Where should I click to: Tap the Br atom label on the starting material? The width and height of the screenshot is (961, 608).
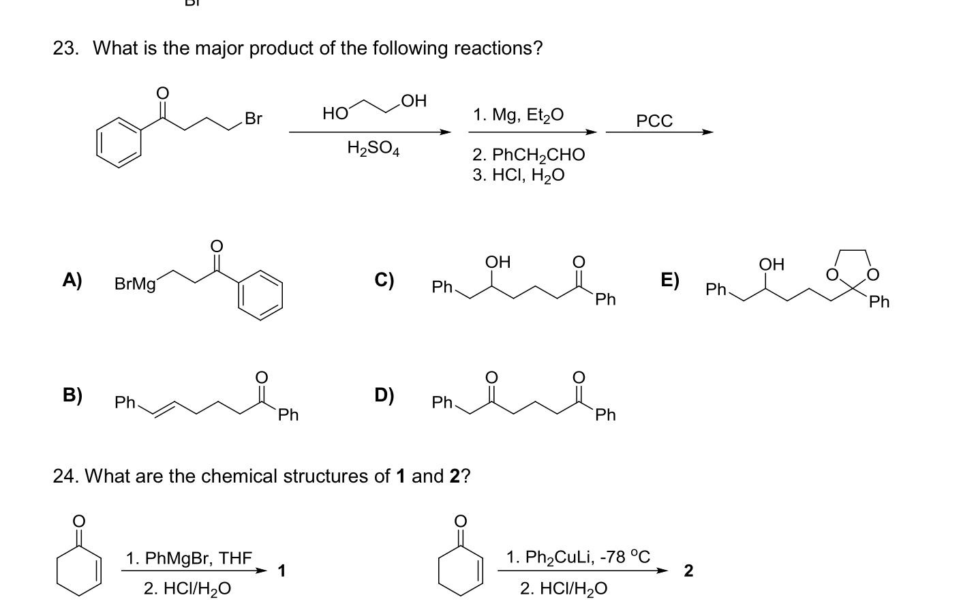pyautogui.click(x=253, y=119)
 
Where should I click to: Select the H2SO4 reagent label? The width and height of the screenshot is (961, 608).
pyautogui.click(x=373, y=148)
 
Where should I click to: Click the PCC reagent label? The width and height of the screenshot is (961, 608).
pyautogui.click(x=654, y=121)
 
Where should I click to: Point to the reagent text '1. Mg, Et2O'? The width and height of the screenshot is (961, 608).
pyautogui.click(x=518, y=115)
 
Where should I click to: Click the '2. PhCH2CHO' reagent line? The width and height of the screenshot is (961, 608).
pyautogui.click(x=528, y=155)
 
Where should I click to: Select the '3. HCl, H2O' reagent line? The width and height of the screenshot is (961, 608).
pyautogui.click(x=518, y=175)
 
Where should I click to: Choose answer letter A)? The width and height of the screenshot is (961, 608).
pyautogui.click(x=72, y=280)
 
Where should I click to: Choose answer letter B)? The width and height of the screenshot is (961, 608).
pyautogui.click(x=72, y=395)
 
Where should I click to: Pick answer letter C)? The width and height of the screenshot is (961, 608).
pyautogui.click(x=384, y=280)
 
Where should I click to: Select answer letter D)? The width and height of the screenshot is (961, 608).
pyautogui.click(x=384, y=395)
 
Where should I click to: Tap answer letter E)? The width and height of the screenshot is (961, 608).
pyautogui.click(x=669, y=280)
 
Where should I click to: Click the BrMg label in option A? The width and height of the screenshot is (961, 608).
pyautogui.click(x=135, y=284)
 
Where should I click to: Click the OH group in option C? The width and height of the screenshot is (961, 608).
pyautogui.click(x=497, y=262)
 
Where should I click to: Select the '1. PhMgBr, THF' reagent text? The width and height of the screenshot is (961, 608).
pyautogui.click(x=189, y=559)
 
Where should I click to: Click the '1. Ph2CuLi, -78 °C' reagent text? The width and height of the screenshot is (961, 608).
pyautogui.click(x=578, y=558)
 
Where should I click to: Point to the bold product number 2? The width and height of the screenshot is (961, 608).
pyautogui.click(x=688, y=571)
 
